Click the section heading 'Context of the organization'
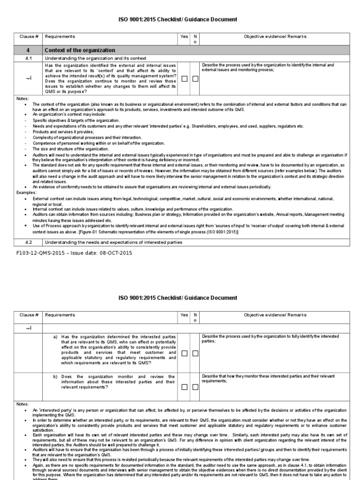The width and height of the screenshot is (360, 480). (79, 50)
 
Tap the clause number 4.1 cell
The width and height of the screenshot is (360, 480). (28, 58)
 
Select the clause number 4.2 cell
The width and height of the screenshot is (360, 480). (28, 242)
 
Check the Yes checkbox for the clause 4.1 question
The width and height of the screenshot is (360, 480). (185, 79)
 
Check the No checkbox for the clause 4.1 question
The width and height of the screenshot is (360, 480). (195, 79)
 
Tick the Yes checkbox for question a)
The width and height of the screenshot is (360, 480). (185, 353)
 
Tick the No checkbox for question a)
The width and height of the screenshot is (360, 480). (195, 353)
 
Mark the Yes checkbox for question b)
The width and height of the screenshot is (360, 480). (185, 387)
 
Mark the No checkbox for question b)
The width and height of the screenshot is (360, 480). (195, 387)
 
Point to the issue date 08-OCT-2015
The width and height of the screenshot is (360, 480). (115, 253)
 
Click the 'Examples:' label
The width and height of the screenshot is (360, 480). (26, 193)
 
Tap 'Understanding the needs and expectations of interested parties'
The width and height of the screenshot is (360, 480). (113, 242)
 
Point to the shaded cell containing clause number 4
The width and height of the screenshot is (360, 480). (28, 50)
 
